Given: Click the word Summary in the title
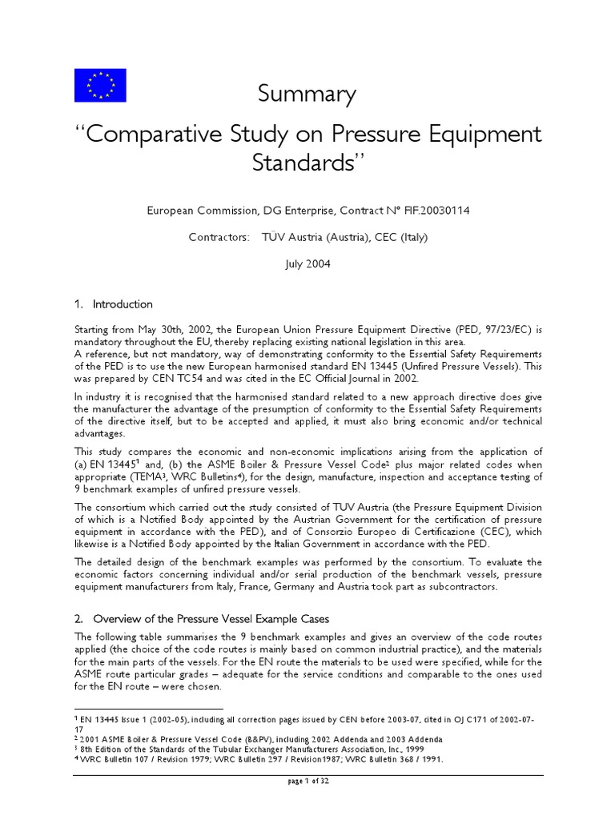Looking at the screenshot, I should (307, 94).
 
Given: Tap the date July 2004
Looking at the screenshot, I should (307, 263).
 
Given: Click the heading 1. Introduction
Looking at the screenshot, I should (114, 304).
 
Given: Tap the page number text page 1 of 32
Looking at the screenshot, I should (307, 782).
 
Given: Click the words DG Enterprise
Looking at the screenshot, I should (298, 211).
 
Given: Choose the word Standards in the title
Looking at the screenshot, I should (303, 162).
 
